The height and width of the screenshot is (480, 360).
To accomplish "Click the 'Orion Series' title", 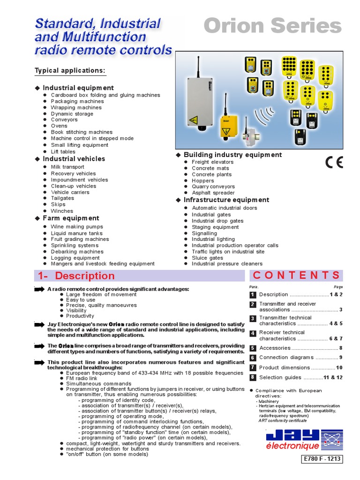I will [x=272, y=26].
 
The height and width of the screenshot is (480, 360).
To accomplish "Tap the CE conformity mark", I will [x=334, y=162].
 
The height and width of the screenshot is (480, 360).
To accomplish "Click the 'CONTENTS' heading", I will [x=296, y=276].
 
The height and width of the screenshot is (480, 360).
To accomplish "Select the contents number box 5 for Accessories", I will [x=253, y=348].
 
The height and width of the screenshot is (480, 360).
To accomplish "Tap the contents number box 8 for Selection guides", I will [x=253, y=377].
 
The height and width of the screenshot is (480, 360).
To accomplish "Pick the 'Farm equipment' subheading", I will [x=71, y=218].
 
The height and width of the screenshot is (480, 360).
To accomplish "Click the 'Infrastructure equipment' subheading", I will [x=226, y=200].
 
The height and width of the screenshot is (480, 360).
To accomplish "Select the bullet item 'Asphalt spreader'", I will [x=213, y=193].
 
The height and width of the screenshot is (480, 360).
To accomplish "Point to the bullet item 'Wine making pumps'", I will [x=77, y=226].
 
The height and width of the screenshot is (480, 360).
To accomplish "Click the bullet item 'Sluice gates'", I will [x=207, y=258].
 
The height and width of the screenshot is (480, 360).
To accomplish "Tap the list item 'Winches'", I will [x=62, y=211].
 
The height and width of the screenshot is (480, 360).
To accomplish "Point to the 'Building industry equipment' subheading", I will [x=232, y=155].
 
